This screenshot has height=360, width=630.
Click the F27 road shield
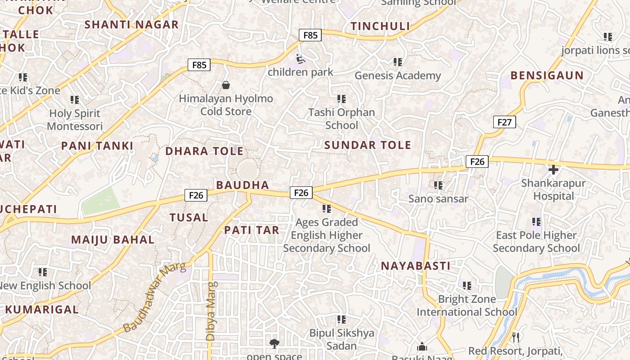(x=504, y=122)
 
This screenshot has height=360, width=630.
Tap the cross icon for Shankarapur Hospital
(x=553, y=170)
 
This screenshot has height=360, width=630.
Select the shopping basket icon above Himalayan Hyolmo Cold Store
(x=226, y=85)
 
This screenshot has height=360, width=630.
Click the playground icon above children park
(x=300, y=59)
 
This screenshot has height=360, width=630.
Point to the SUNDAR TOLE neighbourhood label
(x=368, y=145)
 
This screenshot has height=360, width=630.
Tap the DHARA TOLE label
(x=204, y=151)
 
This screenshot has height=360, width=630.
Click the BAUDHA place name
(x=243, y=185)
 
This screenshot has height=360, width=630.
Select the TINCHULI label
(x=380, y=27)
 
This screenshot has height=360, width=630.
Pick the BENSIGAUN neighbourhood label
(x=547, y=76)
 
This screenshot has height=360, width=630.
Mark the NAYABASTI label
(x=416, y=266)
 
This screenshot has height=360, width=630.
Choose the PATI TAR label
(x=252, y=230)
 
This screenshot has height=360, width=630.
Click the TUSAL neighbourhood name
(x=189, y=218)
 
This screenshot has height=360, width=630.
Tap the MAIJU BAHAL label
(x=112, y=239)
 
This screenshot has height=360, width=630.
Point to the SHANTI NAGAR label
(x=131, y=25)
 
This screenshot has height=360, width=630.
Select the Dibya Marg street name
(x=211, y=310)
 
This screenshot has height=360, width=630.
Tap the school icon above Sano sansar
(x=438, y=185)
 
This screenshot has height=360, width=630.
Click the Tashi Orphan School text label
(x=341, y=119)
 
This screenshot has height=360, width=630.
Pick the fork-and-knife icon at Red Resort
(x=516, y=337)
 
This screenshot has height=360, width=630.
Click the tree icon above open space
(x=274, y=344)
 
